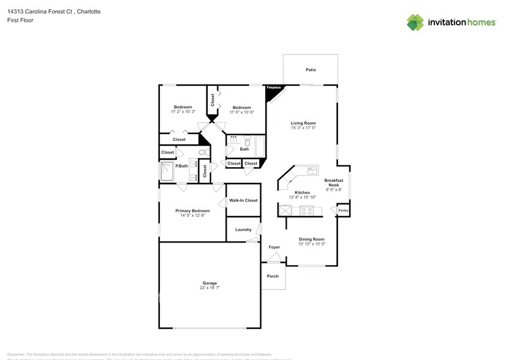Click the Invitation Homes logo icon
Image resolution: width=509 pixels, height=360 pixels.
click(x=415, y=22)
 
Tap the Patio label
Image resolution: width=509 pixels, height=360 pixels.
click(x=311, y=70)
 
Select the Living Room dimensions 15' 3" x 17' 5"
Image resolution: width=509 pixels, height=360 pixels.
click(x=303, y=128)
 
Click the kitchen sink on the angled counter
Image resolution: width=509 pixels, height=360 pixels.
click(x=312, y=171)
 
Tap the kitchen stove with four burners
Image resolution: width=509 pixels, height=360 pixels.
click(x=306, y=211)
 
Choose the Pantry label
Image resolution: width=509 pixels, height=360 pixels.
click(x=343, y=211)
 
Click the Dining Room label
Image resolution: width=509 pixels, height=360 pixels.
click(x=311, y=239)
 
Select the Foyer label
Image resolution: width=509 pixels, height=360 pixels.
click(x=274, y=247)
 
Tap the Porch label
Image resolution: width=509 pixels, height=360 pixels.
click(x=273, y=276)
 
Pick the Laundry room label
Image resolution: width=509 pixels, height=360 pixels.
click(x=243, y=230)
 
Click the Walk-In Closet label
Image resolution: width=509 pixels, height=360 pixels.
click(x=243, y=200)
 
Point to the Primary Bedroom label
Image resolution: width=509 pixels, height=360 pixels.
click(x=192, y=211)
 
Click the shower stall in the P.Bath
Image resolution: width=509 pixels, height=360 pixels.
click(x=167, y=172)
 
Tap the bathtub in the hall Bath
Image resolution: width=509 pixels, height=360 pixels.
click(x=259, y=147)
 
